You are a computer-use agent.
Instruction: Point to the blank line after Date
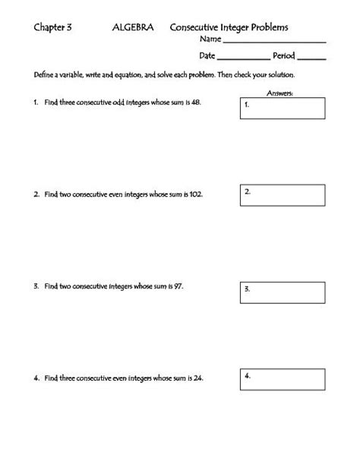pyautogui.click(x=242, y=57)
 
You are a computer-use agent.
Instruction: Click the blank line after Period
pyautogui.click(x=313, y=57)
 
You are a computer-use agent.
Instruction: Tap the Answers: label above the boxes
pyautogui.click(x=280, y=93)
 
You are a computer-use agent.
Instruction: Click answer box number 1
pyautogui.click(x=283, y=108)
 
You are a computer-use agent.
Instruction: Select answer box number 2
pyautogui.click(x=283, y=197)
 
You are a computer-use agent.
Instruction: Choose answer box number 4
pyautogui.click(x=283, y=380)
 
